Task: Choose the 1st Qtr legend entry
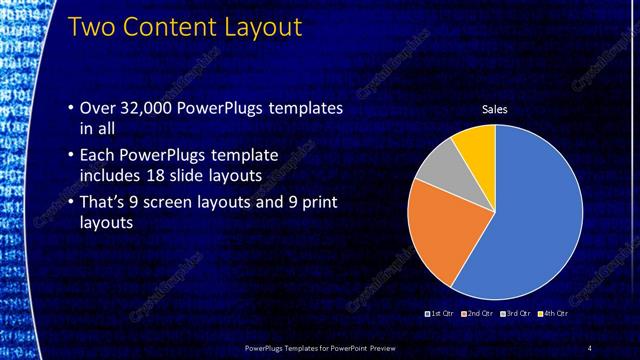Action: pos(440,313)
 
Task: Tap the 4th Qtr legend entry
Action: pos(555,313)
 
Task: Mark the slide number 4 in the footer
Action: pos(590,347)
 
